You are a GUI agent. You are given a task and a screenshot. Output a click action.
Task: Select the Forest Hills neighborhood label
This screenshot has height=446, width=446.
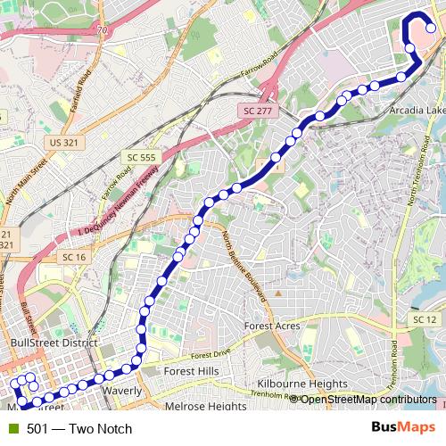tap(191, 371)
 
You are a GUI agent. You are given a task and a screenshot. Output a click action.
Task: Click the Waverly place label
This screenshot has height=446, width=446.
tap(121, 391)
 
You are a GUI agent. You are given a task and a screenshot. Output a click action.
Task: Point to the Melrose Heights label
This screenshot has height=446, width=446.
tap(206, 406)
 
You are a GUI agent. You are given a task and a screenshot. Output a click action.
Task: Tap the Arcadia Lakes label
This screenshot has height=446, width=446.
tap(417, 110)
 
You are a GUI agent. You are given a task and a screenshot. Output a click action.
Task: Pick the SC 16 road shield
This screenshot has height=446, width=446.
tap(74, 257)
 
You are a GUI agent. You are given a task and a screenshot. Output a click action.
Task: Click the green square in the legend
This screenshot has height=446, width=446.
tap(13, 429)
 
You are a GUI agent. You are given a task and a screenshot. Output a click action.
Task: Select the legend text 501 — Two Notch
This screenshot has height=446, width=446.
tap(79, 429)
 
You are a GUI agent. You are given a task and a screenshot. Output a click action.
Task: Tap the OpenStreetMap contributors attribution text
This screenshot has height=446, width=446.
tap(368, 400)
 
